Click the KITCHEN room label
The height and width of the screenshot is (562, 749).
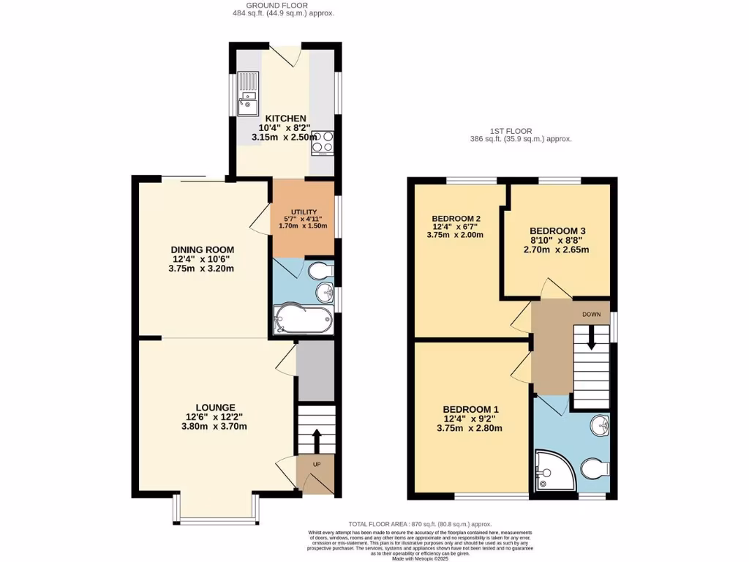click(285, 119)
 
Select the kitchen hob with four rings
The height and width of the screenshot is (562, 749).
click(323, 142)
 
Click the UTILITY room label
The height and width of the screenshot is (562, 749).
click(302, 212)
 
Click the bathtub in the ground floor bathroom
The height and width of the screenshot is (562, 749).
click(302, 321)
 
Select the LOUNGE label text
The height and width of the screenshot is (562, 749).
click(215, 407)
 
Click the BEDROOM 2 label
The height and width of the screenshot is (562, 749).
click(456, 218)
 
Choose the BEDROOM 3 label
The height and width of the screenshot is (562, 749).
click(558, 230)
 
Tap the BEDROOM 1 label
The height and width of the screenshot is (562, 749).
click(471, 409)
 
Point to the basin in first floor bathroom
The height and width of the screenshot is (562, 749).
click(599, 424)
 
